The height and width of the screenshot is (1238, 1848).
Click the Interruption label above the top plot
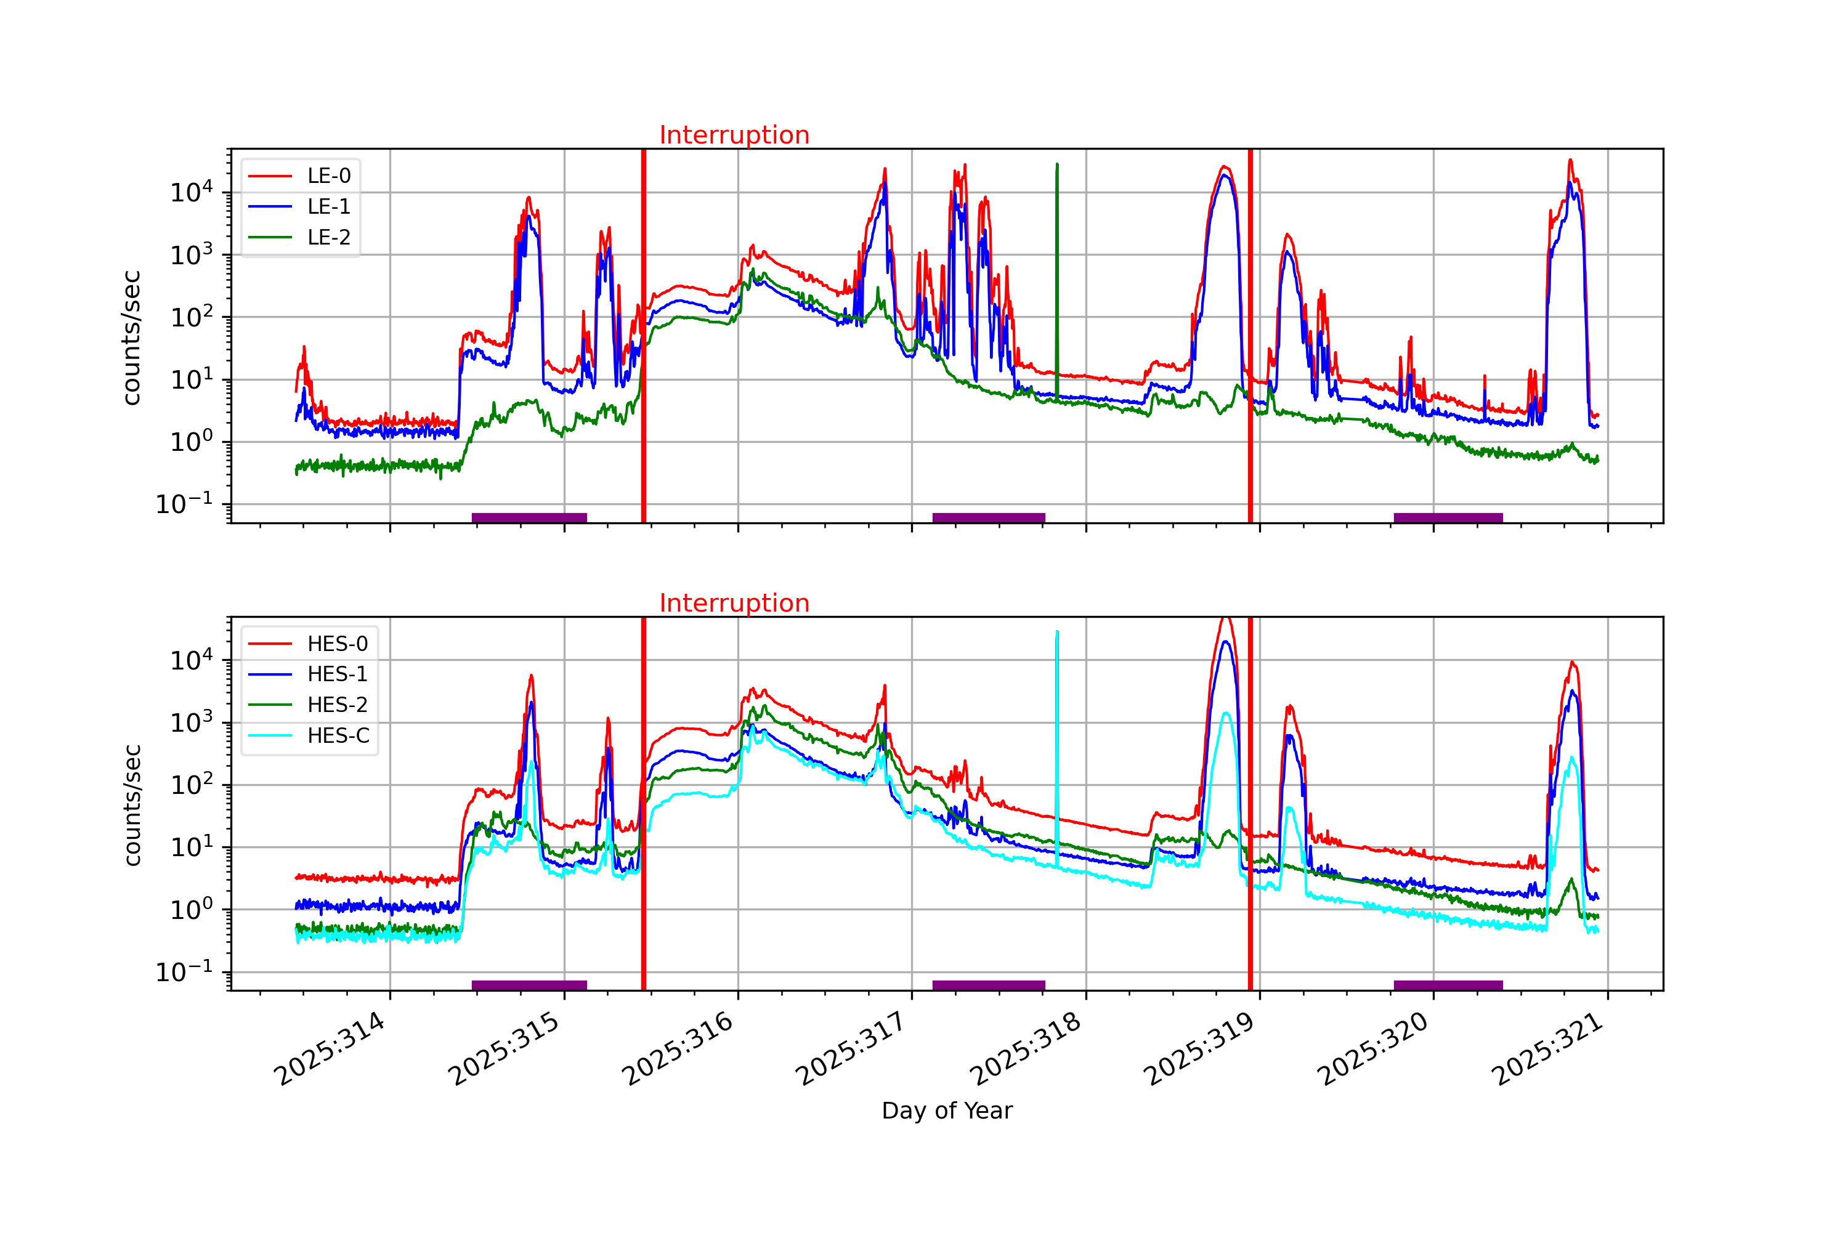734,135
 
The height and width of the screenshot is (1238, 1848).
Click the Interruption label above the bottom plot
734,603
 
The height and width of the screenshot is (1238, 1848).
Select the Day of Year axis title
947,1111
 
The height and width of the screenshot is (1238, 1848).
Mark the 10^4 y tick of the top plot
191,193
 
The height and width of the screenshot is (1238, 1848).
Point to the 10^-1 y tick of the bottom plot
184,972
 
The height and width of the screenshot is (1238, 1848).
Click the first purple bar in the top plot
529,518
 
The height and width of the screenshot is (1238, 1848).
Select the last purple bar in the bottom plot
1448,985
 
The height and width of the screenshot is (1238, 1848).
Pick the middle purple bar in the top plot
988,518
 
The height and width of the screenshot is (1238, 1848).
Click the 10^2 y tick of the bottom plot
191,785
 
